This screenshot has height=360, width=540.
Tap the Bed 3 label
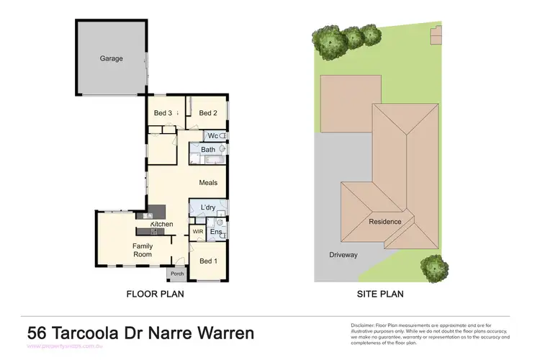(163, 113)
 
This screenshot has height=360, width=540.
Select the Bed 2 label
(208, 113)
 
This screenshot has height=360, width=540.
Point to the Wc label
(213, 135)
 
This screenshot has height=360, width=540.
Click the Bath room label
(208, 150)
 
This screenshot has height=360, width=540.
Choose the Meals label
(208, 183)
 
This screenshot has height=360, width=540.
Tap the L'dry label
(208, 208)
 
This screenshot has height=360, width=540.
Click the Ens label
(215, 232)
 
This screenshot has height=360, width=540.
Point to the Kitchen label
(161, 225)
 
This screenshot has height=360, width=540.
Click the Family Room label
(142, 250)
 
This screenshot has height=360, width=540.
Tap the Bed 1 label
(208, 261)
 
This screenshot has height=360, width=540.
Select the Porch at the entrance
(176, 274)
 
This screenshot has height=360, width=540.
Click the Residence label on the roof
(385, 222)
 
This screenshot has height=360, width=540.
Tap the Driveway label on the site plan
(343, 255)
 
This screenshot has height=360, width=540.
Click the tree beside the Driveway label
(433, 268)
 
